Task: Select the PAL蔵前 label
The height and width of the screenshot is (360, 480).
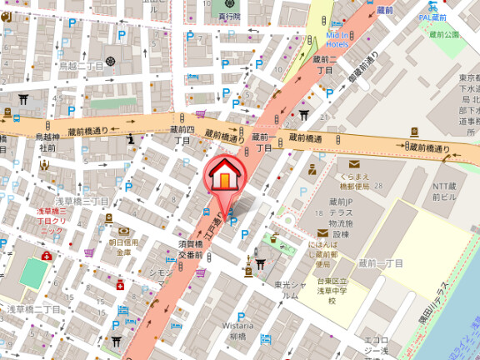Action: click(x=433, y=16)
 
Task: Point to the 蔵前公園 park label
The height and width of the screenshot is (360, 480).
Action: click(x=445, y=35)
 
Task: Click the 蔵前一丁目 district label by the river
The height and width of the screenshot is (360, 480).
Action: click(x=384, y=262)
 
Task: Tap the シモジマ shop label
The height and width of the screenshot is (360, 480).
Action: click(x=159, y=273)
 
